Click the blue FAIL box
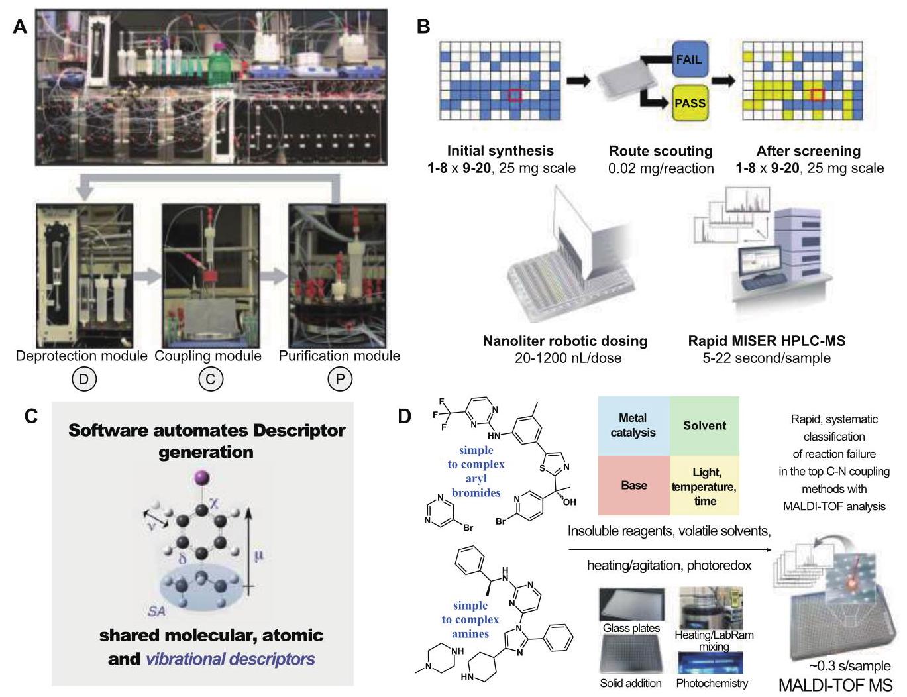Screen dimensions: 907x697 pos(690,59)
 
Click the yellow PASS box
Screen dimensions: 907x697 pos(690,103)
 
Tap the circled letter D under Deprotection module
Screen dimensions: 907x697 pos(84,379)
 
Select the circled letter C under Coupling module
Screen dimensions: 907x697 pos(211,379)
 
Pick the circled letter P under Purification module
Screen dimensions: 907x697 pos(340,379)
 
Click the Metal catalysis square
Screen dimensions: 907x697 pos(633,426)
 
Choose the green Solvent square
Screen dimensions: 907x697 pos(704,426)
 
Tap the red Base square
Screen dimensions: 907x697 pos(633,486)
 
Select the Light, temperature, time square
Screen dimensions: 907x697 pos(704,486)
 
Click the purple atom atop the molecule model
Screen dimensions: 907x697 pos(203,478)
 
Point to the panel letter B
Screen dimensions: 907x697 pos(423,27)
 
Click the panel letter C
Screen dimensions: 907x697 pos(31,416)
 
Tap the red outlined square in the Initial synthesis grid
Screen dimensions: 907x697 pos(515,95)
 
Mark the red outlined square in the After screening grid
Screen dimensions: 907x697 pos(818,95)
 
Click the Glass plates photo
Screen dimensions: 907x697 pos(631,605)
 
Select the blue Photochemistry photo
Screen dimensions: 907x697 pos(710,663)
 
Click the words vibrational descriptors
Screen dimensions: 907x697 pos(230,659)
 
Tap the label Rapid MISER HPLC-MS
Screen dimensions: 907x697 pos(767,341)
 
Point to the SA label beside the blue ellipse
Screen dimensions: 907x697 pos(156,611)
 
